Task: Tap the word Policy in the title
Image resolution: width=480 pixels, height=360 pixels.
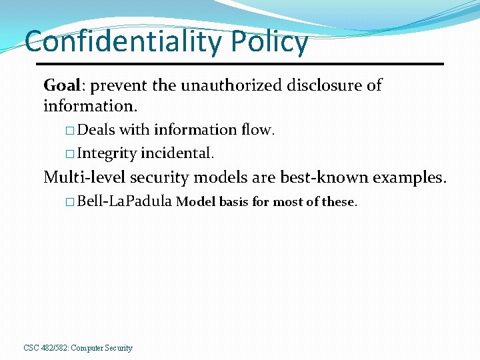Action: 269,43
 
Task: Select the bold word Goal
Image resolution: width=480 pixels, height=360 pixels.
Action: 63,85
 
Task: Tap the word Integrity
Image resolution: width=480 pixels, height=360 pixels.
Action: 107,153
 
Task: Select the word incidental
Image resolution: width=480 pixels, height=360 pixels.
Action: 177,153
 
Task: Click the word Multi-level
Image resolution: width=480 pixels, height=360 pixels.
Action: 84,177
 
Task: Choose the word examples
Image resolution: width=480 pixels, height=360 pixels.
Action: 409,178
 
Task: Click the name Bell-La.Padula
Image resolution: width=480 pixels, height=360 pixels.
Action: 125,201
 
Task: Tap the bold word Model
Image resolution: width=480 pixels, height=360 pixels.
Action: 195,202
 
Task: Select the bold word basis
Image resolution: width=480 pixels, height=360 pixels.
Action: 233,202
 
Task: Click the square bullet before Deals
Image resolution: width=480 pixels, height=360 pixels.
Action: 70,131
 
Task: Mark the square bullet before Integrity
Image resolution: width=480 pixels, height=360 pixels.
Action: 70,154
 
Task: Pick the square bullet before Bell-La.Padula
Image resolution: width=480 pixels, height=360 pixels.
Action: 70,202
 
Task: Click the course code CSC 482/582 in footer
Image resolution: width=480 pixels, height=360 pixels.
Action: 45,348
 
